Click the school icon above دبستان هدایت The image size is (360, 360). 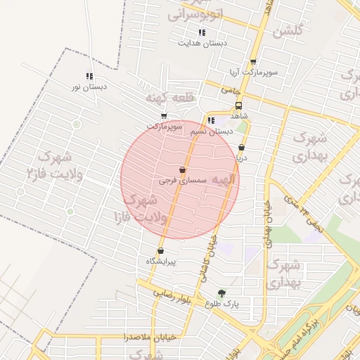click(202, 32)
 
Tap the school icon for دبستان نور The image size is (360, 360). click(89, 76)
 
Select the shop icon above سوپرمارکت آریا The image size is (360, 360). click(253, 62)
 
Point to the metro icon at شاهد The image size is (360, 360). click(238, 106)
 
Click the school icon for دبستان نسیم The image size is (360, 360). click(211, 120)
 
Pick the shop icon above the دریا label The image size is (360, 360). click(242, 148)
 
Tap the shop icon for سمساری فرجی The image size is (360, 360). click(183, 169)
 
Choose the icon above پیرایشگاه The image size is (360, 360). click(161, 250)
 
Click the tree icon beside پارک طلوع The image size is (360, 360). click(222, 294)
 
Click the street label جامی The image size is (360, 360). click(230, 90)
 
